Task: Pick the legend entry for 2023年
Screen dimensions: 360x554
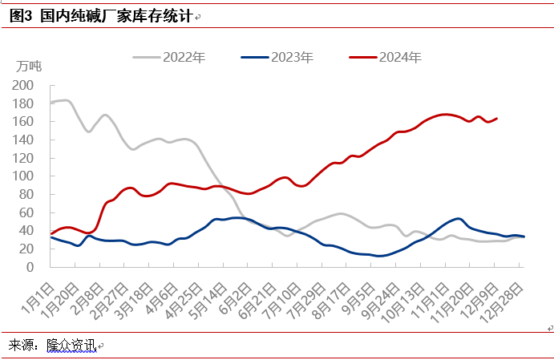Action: point(277,57)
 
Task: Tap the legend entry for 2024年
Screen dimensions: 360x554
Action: point(386,57)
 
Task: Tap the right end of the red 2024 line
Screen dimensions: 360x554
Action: point(497,119)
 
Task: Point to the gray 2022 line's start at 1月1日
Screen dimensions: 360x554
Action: point(52,103)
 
